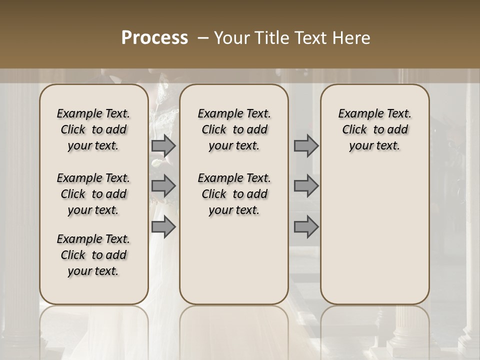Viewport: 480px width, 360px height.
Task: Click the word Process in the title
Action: click(154, 38)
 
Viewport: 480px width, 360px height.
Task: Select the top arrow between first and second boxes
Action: click(163, 146)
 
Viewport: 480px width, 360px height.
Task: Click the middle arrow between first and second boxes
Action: click(163, 186)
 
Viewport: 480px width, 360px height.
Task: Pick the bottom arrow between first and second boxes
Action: click(163, 227)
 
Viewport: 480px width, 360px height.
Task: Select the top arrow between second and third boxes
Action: click(306, 146)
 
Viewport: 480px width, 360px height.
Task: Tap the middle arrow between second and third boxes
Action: click(306, 186)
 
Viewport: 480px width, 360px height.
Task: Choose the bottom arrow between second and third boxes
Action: click(306, 227)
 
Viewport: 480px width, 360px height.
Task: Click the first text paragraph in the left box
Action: click(93, 129)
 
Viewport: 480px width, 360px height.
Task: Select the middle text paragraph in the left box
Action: click(93, 194)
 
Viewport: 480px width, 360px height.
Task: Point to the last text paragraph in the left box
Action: click(93, 255)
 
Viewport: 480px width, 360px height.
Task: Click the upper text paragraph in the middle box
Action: click(234, 129)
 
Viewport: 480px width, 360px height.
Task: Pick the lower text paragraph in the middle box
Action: click(234, 194)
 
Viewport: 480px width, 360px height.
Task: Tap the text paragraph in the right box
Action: click(374, 129)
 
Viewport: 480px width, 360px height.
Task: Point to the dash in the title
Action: click(202, 38)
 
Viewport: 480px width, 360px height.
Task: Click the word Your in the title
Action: click(230, 38)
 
